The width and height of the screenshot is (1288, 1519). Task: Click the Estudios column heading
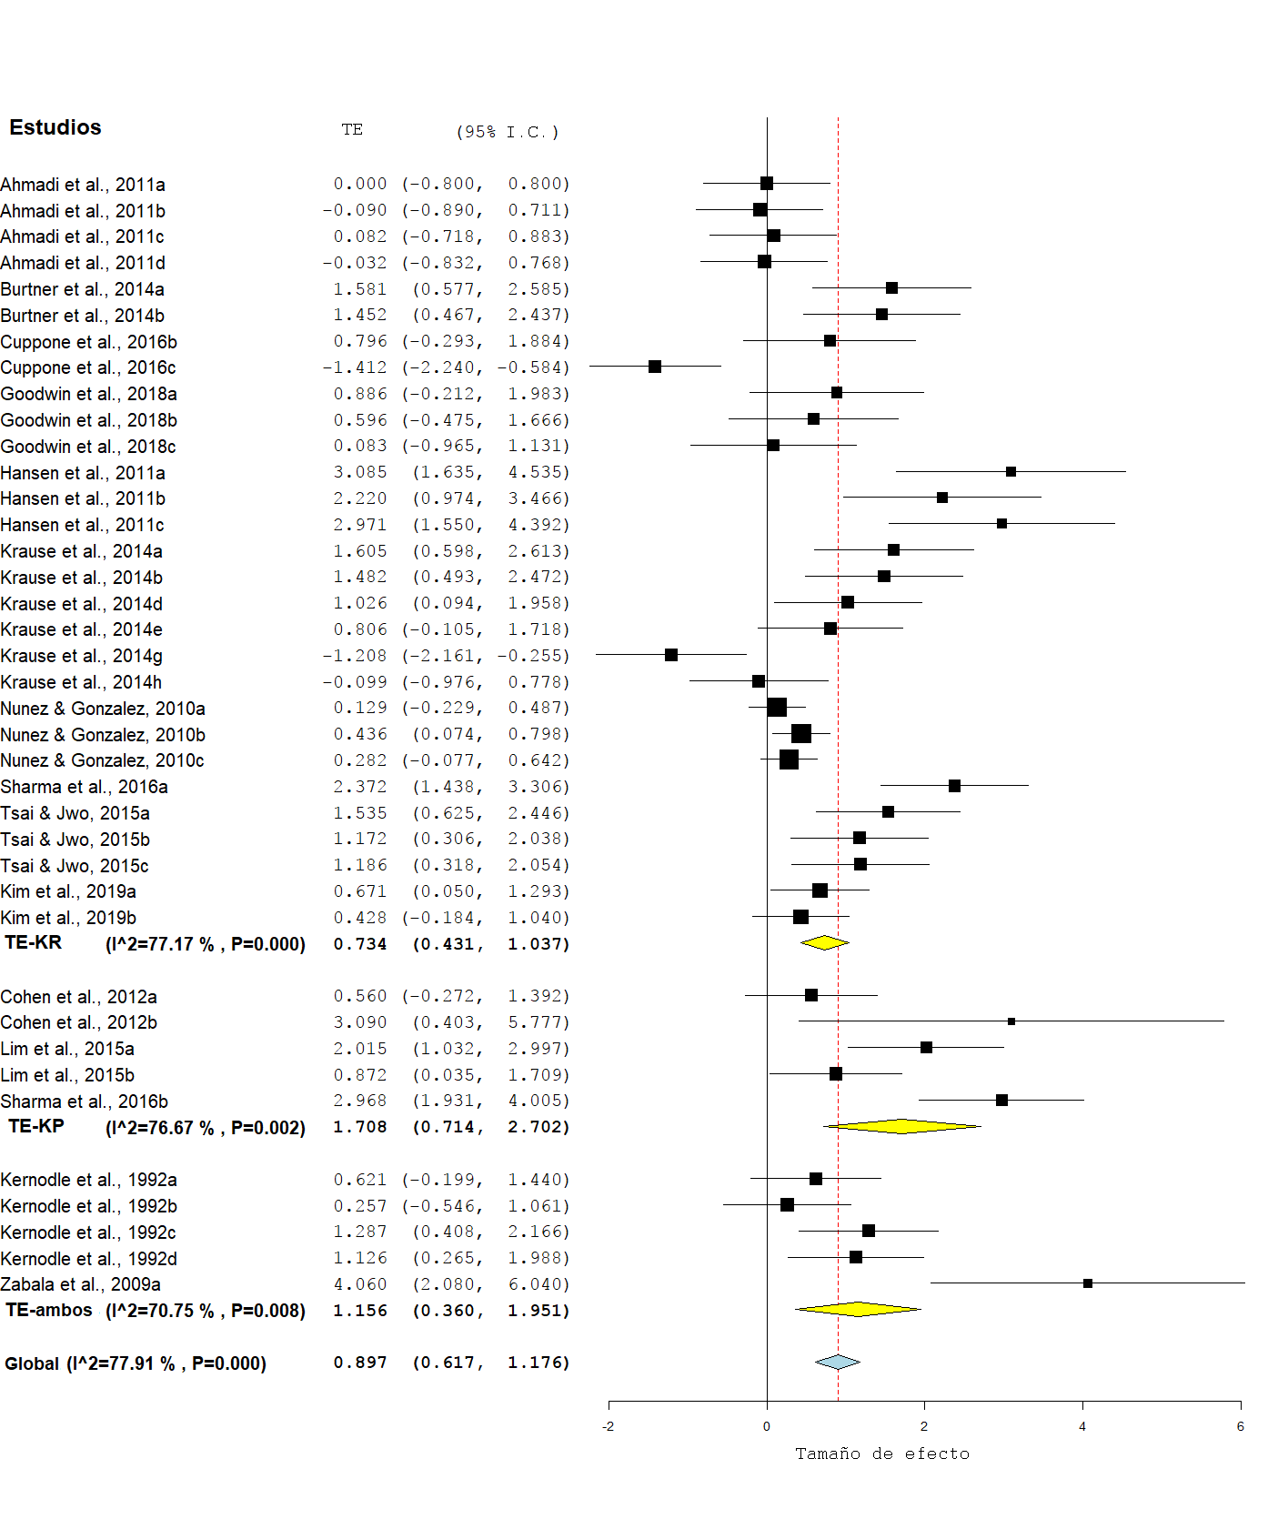55,127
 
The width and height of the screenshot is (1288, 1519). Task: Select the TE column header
352,130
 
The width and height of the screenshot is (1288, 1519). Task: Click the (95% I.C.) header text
508,132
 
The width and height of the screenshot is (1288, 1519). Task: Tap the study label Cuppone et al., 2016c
88,367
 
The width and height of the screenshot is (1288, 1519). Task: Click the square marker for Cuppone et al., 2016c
655,367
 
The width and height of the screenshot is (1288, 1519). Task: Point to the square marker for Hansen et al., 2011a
1011,471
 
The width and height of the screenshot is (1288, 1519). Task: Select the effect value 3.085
360,472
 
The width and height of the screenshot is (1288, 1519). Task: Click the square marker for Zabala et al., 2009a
1088,1283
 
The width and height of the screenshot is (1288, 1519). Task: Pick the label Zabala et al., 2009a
81,1284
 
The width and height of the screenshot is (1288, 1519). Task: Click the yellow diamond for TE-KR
824,942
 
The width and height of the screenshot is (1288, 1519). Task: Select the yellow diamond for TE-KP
901,1126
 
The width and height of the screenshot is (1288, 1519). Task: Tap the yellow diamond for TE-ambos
858,1310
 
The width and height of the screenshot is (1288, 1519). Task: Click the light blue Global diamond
838,1362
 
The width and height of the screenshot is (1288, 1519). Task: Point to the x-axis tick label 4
1082,1426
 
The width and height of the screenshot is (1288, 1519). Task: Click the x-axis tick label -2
608,1426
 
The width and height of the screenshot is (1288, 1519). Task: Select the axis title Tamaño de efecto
882,1454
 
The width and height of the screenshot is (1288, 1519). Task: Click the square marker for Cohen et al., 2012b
1011,1021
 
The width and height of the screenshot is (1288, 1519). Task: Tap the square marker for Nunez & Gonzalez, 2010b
801,733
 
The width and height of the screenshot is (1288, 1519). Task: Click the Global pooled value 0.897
360,1363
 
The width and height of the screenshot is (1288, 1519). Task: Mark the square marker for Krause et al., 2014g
671,655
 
